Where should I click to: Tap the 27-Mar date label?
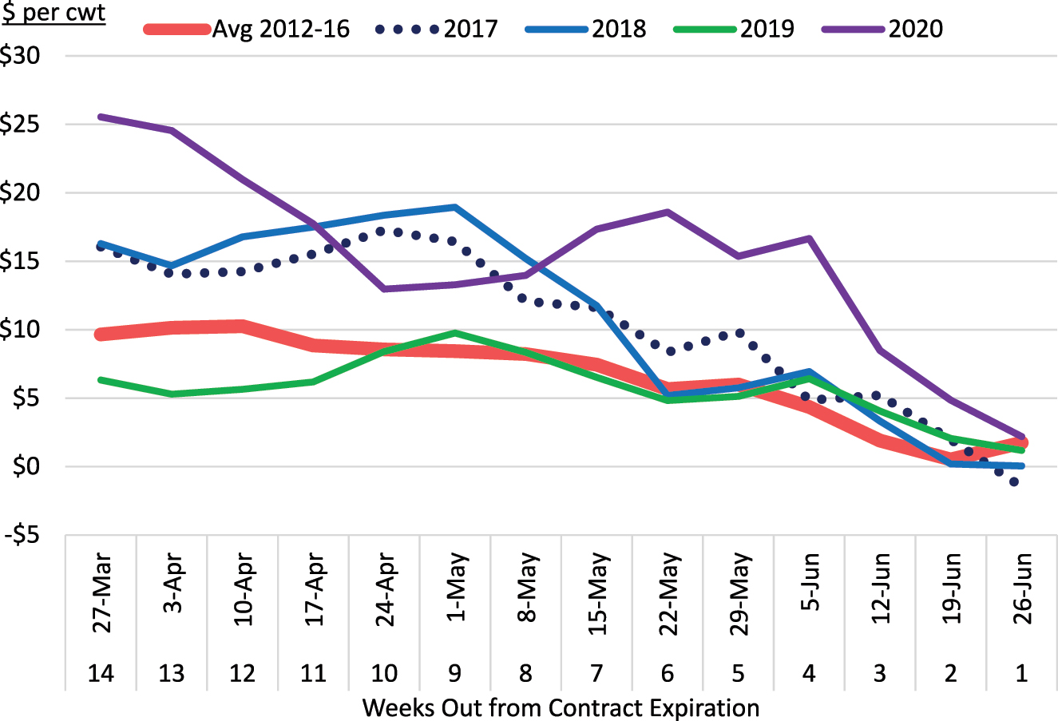(x=101, y=592)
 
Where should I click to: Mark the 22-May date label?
(x=668, y=592)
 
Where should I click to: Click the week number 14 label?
(x=101, y=674)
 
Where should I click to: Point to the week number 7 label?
(x=596, y=674)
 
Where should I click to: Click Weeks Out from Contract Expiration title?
(x=561, y=707)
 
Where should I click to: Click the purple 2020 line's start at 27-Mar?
(x=101, y=117)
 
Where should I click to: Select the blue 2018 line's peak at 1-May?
(x=454, y=207)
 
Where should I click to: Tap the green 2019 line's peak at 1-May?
(x=454, y=332)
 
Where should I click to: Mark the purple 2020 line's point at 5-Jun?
(x=809, y=238)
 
